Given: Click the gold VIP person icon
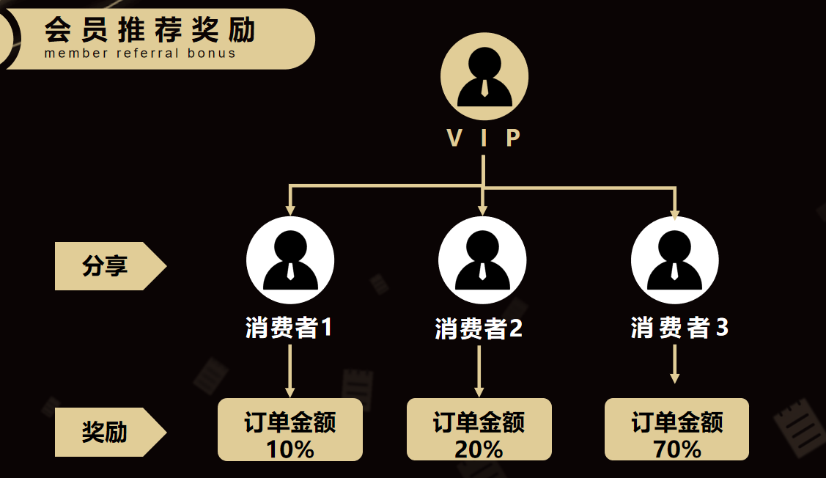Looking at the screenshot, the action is (x=484, y=76).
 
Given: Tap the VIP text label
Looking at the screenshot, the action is (x=484, y=138).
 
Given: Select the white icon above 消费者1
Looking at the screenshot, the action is (x=290, y=260).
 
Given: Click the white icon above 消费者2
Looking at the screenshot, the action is (x=482, y=260).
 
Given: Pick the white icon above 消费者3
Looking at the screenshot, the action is (x=675, y=260).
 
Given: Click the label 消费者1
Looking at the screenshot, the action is (x=289, y=327).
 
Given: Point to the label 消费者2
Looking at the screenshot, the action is (x=479, y=328).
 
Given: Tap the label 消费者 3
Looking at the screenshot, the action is (x=679, y=327).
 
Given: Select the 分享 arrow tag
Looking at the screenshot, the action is (x=111, y=265).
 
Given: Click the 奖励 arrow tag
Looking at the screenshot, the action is (x=111, y=432).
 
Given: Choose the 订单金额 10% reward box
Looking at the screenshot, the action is (x=290, y=430).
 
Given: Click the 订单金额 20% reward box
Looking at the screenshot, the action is (x=479, y=430).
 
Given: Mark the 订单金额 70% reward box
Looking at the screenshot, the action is (x=677, y=430).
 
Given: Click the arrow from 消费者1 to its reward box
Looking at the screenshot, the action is (x=290, y=370).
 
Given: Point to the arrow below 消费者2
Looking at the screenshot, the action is (x=479, y=370).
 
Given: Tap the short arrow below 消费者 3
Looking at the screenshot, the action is (x=675, y=364).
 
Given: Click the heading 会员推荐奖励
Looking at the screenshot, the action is (x=150, y=29).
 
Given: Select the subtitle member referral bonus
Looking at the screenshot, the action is (x=140, y=54).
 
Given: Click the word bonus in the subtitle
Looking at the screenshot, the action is (x=211, y=54).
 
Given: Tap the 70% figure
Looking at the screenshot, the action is (x=677, y=449).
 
